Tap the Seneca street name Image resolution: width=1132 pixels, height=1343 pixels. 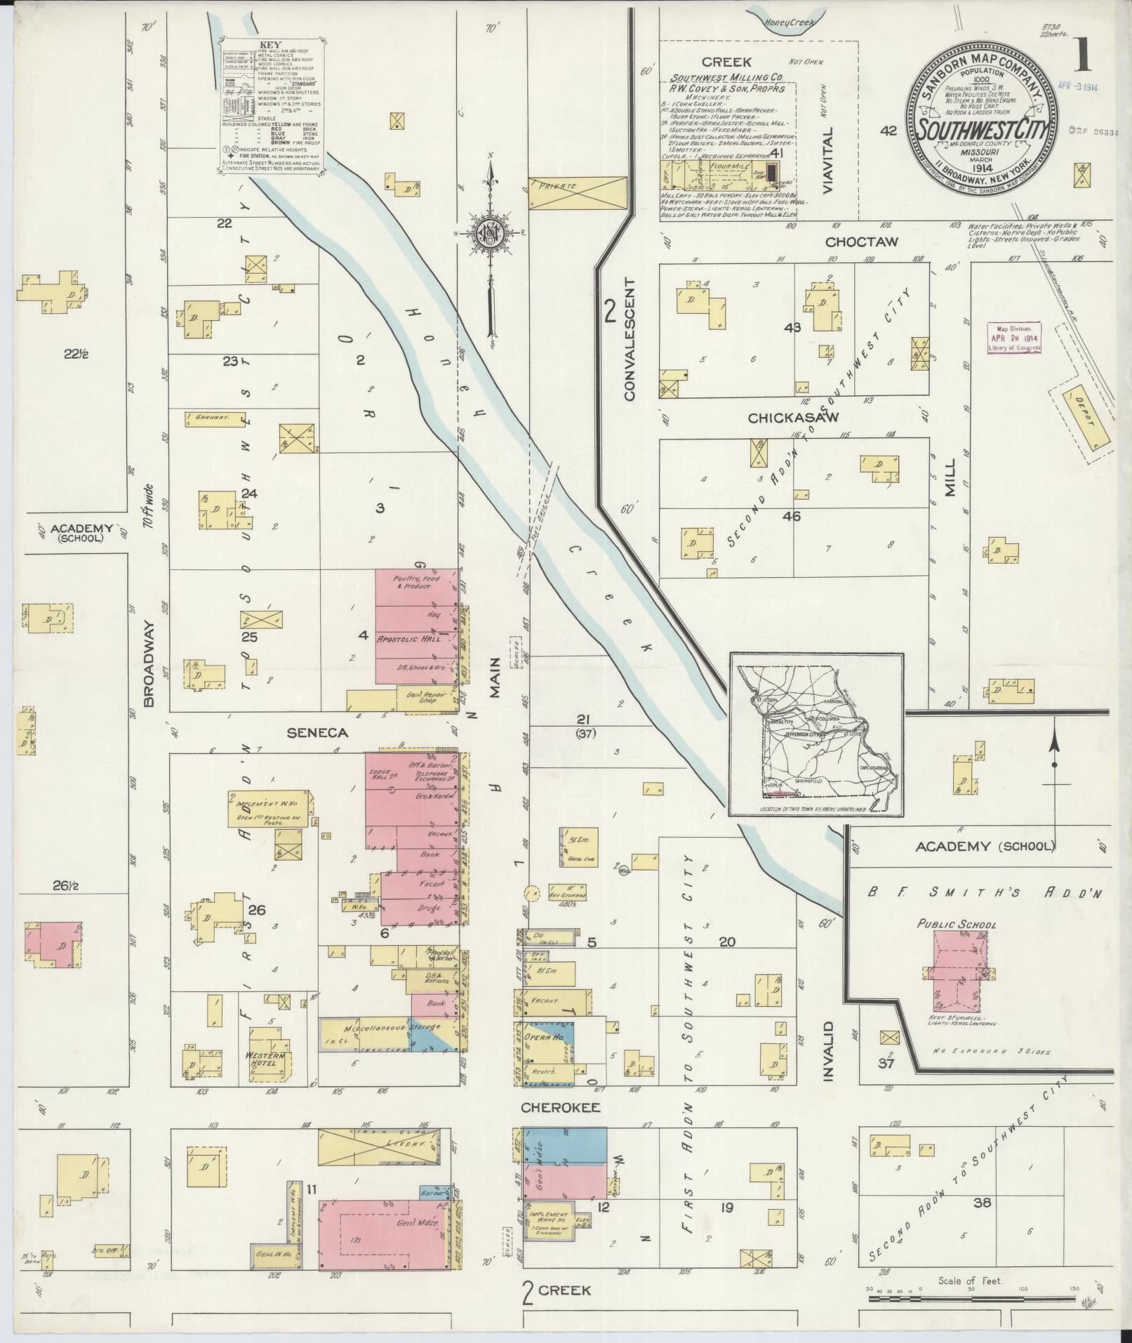point(317,733)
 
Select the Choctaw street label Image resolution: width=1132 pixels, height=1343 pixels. point(851,242)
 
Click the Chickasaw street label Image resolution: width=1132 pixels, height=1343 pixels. point(783,418)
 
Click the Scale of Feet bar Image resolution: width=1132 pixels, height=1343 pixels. point(972,1299)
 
